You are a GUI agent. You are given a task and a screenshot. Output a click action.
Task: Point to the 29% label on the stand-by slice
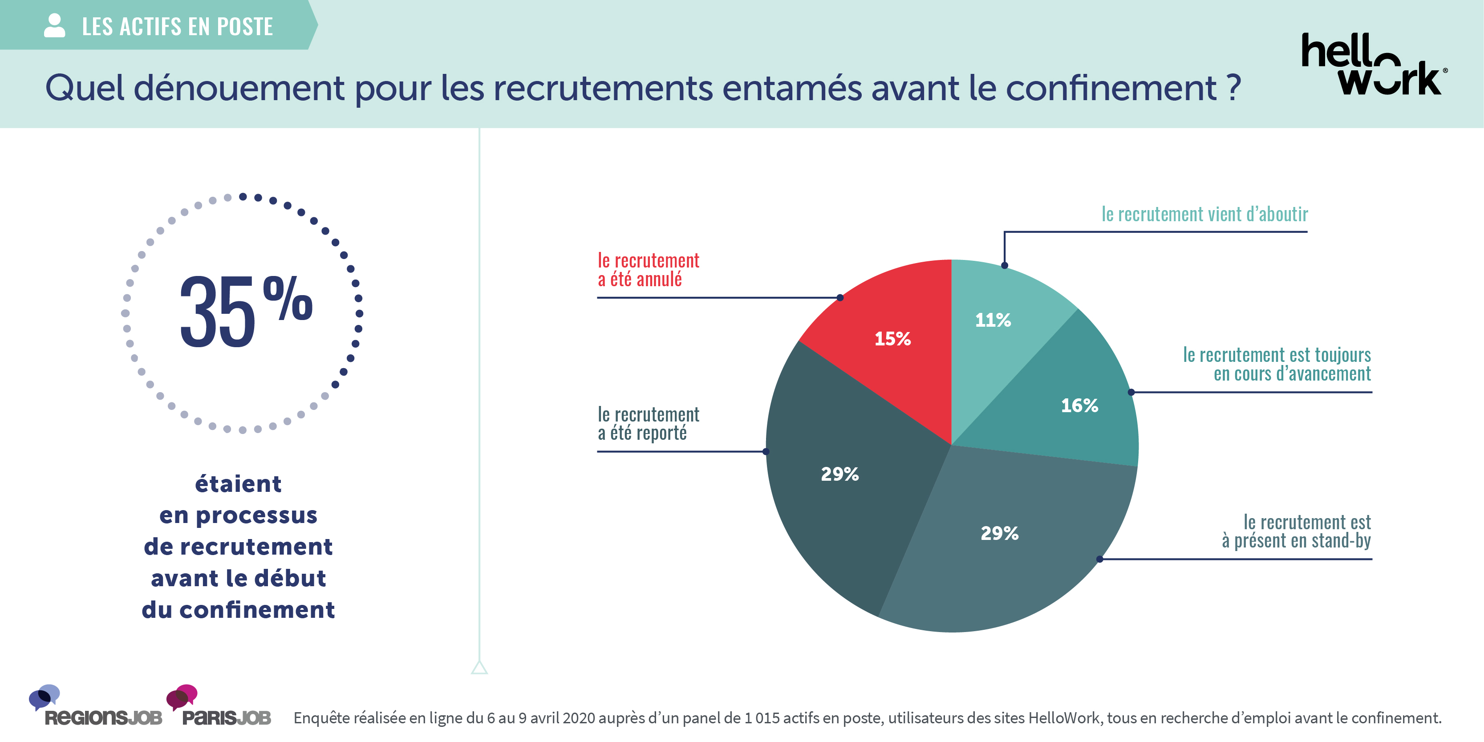click(1000, 533)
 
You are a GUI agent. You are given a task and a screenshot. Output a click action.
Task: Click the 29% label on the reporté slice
click(839, 474)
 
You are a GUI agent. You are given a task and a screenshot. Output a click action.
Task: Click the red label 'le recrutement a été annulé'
click(648, 270)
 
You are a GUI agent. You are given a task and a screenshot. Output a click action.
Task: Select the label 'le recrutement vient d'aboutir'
click(1204, 214)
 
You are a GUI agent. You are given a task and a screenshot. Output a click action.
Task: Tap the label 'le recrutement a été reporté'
click(648, 423)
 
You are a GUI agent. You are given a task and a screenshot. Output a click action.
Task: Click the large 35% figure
click(245, 311)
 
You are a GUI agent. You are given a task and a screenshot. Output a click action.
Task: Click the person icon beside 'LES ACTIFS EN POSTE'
click(54, 26)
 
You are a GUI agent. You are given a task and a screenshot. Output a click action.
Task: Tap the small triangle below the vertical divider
click(479, 668)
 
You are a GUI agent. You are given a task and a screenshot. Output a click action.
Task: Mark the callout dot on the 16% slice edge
click(1131, 392)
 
